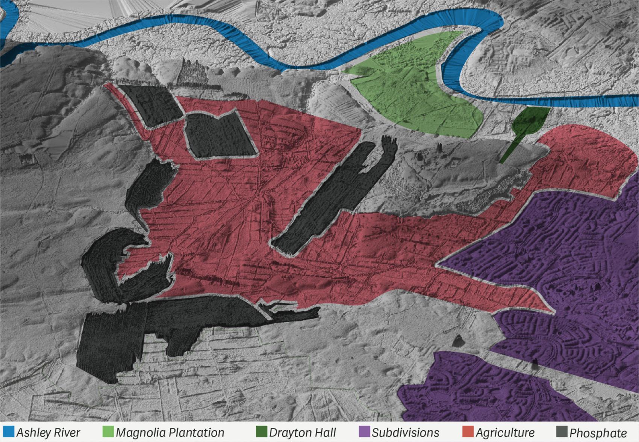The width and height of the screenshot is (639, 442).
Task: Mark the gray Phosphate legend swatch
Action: tap(562, 432)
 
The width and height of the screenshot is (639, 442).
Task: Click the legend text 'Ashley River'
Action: tap(48, 433)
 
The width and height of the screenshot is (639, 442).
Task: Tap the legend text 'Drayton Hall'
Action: tap(303, 433)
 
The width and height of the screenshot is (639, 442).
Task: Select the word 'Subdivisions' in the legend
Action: tap(406, 433)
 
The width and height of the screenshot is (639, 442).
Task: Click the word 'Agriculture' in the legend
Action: tap(505, 433)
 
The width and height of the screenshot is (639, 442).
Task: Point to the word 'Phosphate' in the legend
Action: tap(598, 433)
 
